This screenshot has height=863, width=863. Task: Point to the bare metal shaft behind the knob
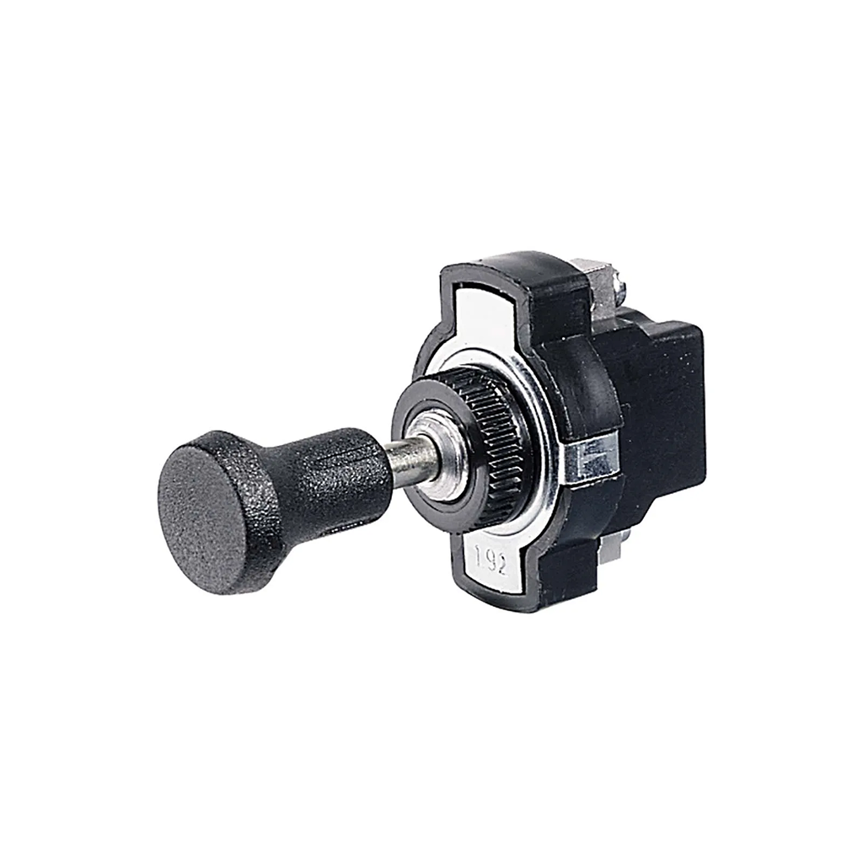(405, 461)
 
